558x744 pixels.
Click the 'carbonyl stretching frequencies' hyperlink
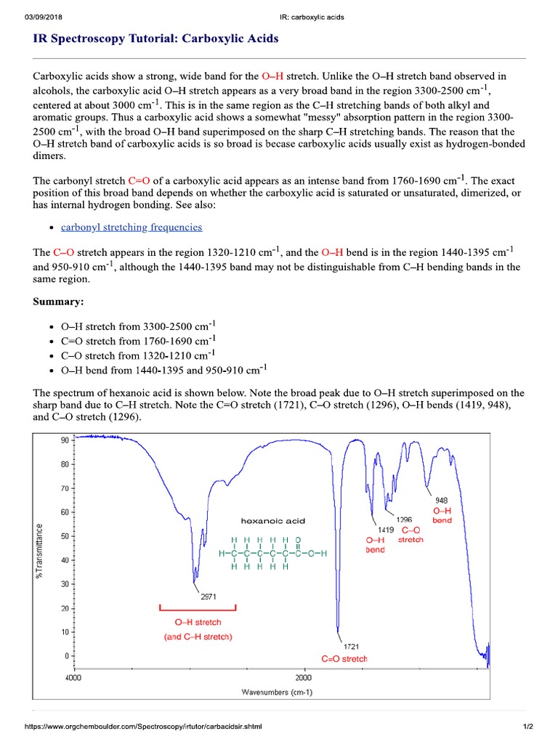(x=132, y=227)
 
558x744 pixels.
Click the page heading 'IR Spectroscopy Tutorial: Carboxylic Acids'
(x=155, y=39)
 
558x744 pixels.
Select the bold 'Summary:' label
(x=58, y=301)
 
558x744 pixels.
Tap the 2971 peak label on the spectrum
(x=207, y=597)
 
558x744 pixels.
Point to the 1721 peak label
(x=351, y=646)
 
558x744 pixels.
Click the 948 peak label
(x=442, y=500)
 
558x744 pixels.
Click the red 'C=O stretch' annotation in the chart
(x=344, y=659)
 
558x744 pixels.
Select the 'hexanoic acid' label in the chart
(x=273, y=520)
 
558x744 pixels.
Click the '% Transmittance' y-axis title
(x=41, y=549)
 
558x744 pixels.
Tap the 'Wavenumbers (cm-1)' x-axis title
(x=277, y=692)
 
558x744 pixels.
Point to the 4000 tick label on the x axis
(x=73, y=677)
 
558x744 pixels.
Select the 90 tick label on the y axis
(x=63, y=440)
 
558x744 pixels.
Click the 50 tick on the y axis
(x=63, y=536)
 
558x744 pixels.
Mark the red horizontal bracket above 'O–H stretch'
(x=198, y=607)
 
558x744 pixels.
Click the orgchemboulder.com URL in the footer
(x=143, y=727)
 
